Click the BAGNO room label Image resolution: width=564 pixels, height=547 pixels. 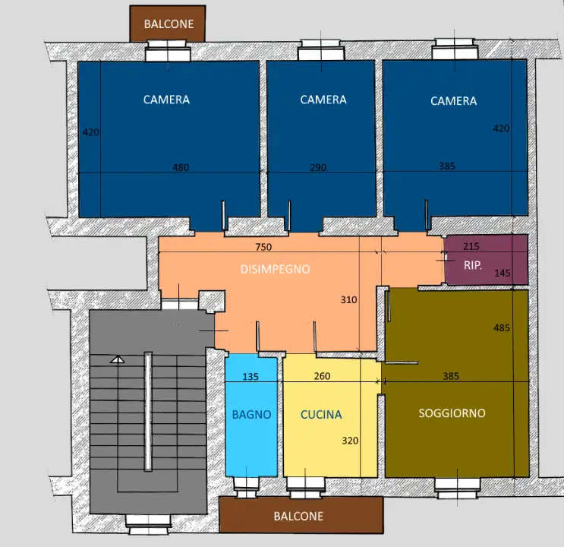pyautogui.click(x=251, y=415)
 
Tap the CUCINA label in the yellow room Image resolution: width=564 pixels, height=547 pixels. pyautogui.click(x=321, y=415)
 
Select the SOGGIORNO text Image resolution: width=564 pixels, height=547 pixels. pyautogui.click(x=452, y=413)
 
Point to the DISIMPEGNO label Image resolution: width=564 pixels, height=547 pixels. pyautogui.click(x=275, y=270)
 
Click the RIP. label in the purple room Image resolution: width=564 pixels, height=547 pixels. pyautogui.click(x=473, y=265)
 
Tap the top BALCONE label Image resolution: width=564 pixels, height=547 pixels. pyautogui.click(x=169, y=24)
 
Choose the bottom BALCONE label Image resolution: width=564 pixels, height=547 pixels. pyautogui.click(x=298, y=517)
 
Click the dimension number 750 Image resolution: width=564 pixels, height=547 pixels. pyautogui.click(x=263, y=247)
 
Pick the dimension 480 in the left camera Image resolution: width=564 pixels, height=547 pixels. pyautogui.click(x=181, y=167)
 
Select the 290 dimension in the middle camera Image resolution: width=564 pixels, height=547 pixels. pyautogui.click(x=318, y=167)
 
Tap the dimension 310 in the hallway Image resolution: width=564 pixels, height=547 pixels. pyautogui.click(x=349, y=299)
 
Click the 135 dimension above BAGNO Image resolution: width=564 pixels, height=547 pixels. pyautogui.click(x=250, y=377)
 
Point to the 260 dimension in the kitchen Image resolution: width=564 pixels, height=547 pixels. pyautogui.click(x=322, y=376)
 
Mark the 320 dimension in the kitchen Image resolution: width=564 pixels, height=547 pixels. pyautogui.click(x=350, y=441)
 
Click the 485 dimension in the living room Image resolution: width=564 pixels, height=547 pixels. pyautogui.click(x=502, y=327)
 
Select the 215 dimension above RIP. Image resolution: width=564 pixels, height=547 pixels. pyautogui.click(x=471, y=246)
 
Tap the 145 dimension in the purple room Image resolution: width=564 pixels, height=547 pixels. pyautogui.click(x=503, y=273)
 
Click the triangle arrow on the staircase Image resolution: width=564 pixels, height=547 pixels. pyautogui.click(x=117, y=359)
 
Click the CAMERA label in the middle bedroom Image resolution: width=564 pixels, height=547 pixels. pyautogui.click(x=323, y=100)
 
